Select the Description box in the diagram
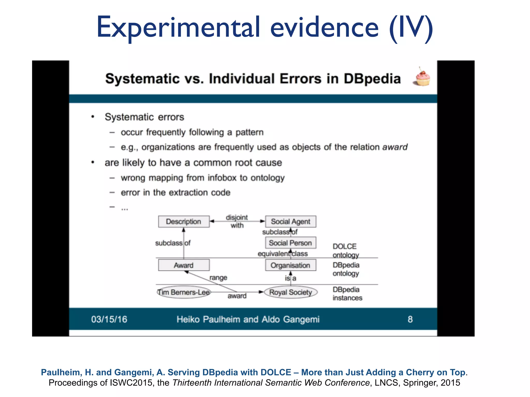coord(184,222)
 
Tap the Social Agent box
coord(290,222)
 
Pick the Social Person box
coord(290,243)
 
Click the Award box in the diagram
coord(184,265)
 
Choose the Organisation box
coord(290,265)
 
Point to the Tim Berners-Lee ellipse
coord(184,292)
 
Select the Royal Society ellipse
coord(290,292)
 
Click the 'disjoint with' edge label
coord(237,221)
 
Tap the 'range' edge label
coord(218,278)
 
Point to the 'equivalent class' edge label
coord(282,254)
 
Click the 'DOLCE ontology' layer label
coord(345,250)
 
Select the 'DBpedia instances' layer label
coord(347,294)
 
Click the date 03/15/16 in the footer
coord(109,319)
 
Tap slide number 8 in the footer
coord(410,319)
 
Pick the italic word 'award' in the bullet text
coord(395,147)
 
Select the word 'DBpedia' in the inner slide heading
coord(372,79)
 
